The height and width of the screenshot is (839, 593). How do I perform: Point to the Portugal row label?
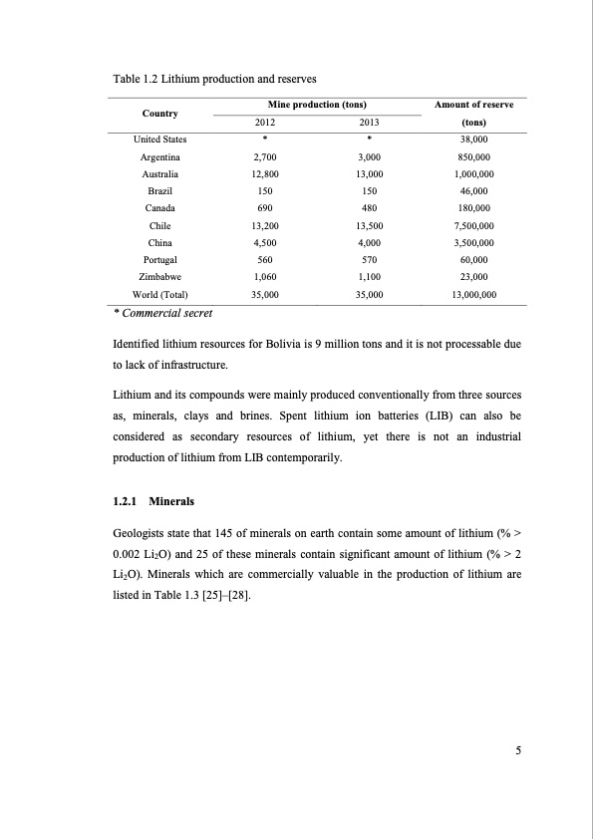point(158,259)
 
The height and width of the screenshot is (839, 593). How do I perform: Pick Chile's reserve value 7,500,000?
point(473,225)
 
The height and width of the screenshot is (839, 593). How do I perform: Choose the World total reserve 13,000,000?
point(473,294)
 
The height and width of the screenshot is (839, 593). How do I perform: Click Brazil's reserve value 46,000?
point(473,190)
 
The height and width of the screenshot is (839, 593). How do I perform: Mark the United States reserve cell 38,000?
point(473,140)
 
